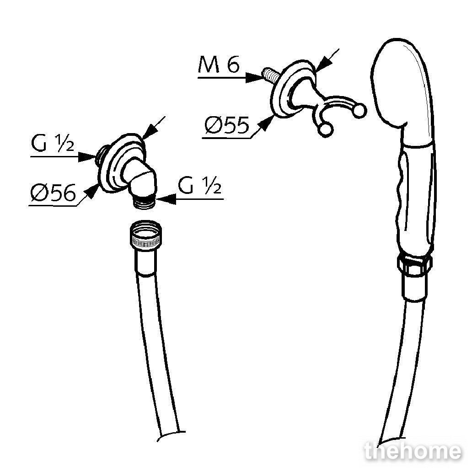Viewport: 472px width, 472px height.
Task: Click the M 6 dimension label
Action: pyautogui.click(x=219, y=65)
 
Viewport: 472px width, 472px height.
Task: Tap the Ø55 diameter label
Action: pyautogui.click(x=227, y=125)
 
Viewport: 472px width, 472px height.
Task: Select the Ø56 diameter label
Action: pyautogui.click(x=53, y=193)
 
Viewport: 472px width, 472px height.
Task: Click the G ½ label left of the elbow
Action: pyautogui.click(x=53, y=143)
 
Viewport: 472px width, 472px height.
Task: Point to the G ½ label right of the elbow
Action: pyautogui.click(x=199, y=185)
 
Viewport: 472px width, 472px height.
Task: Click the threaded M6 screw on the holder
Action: pyautogui.click(x=270, y=76)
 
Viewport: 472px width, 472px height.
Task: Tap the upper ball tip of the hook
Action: pyautogui.click(x=359, y=110)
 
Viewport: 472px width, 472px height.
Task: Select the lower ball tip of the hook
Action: pyautogui.click(x=325, y=130)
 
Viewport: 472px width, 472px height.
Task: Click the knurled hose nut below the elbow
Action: pyautogui.click(x=146, y=235)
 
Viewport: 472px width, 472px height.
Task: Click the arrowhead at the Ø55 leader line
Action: pyautogui.click(x=267, y=123)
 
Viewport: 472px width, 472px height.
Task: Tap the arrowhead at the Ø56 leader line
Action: pyautogui.click(x=92, y=192)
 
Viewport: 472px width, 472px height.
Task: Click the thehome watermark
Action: pyautogui.click(x=413, y=451)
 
